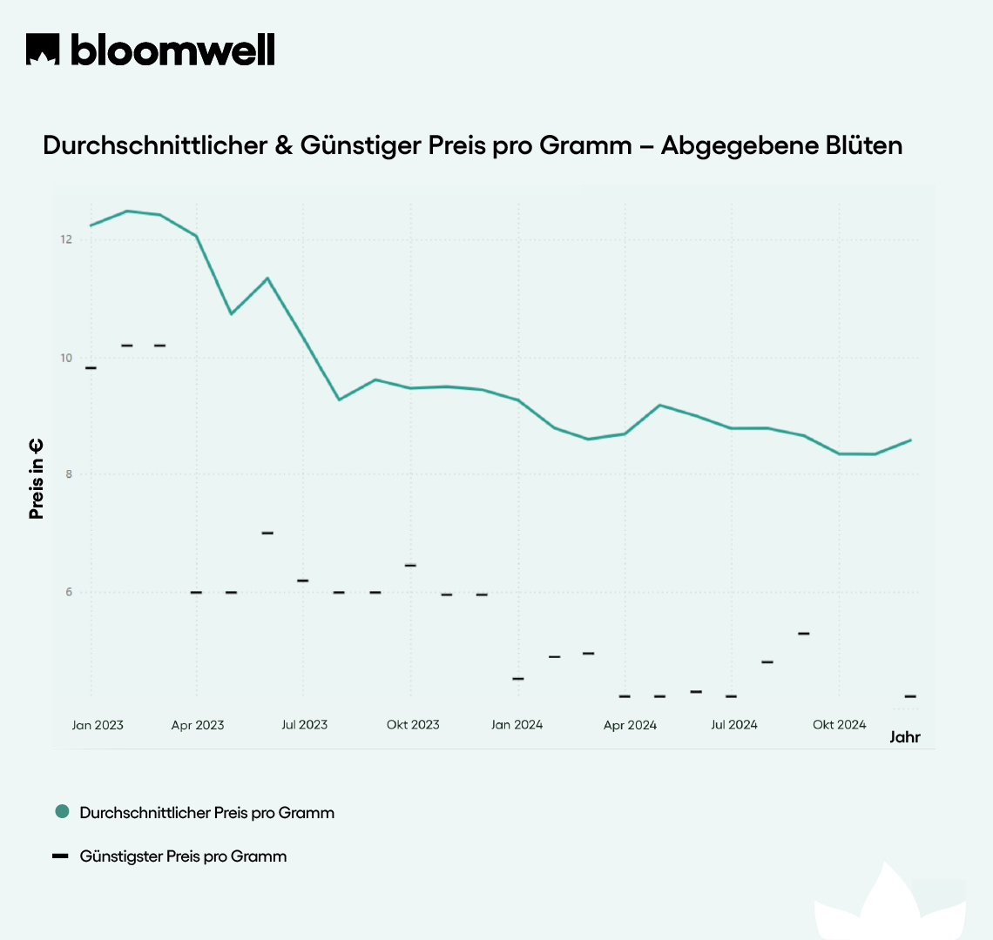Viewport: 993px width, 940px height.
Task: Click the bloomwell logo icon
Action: pos(43,50)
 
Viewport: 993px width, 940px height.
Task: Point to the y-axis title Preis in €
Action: pos(36,479)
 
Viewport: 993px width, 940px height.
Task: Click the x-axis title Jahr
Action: pos(904,737)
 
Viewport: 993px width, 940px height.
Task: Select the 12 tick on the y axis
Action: pos(65,239)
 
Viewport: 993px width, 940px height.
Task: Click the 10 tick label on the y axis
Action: pos(65,358)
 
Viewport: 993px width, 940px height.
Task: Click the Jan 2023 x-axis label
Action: pos(98,725)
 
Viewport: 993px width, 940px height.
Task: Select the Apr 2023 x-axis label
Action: pos(198,725)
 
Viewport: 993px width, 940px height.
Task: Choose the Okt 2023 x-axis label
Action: pos(413,725)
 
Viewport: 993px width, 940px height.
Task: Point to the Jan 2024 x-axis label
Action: pos(517,725)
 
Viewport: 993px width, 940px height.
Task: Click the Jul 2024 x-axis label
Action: pos(734,725)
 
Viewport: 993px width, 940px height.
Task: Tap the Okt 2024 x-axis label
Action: pos(840,725)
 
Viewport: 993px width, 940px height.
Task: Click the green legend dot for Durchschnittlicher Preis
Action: pos(62,811)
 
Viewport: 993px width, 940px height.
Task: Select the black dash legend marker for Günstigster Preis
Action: pos(60,856)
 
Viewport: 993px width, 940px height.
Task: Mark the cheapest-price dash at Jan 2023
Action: pos(91,368)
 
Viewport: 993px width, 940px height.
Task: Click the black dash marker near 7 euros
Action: pos(267,533)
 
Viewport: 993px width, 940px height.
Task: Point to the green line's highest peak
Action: pos(127,211)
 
